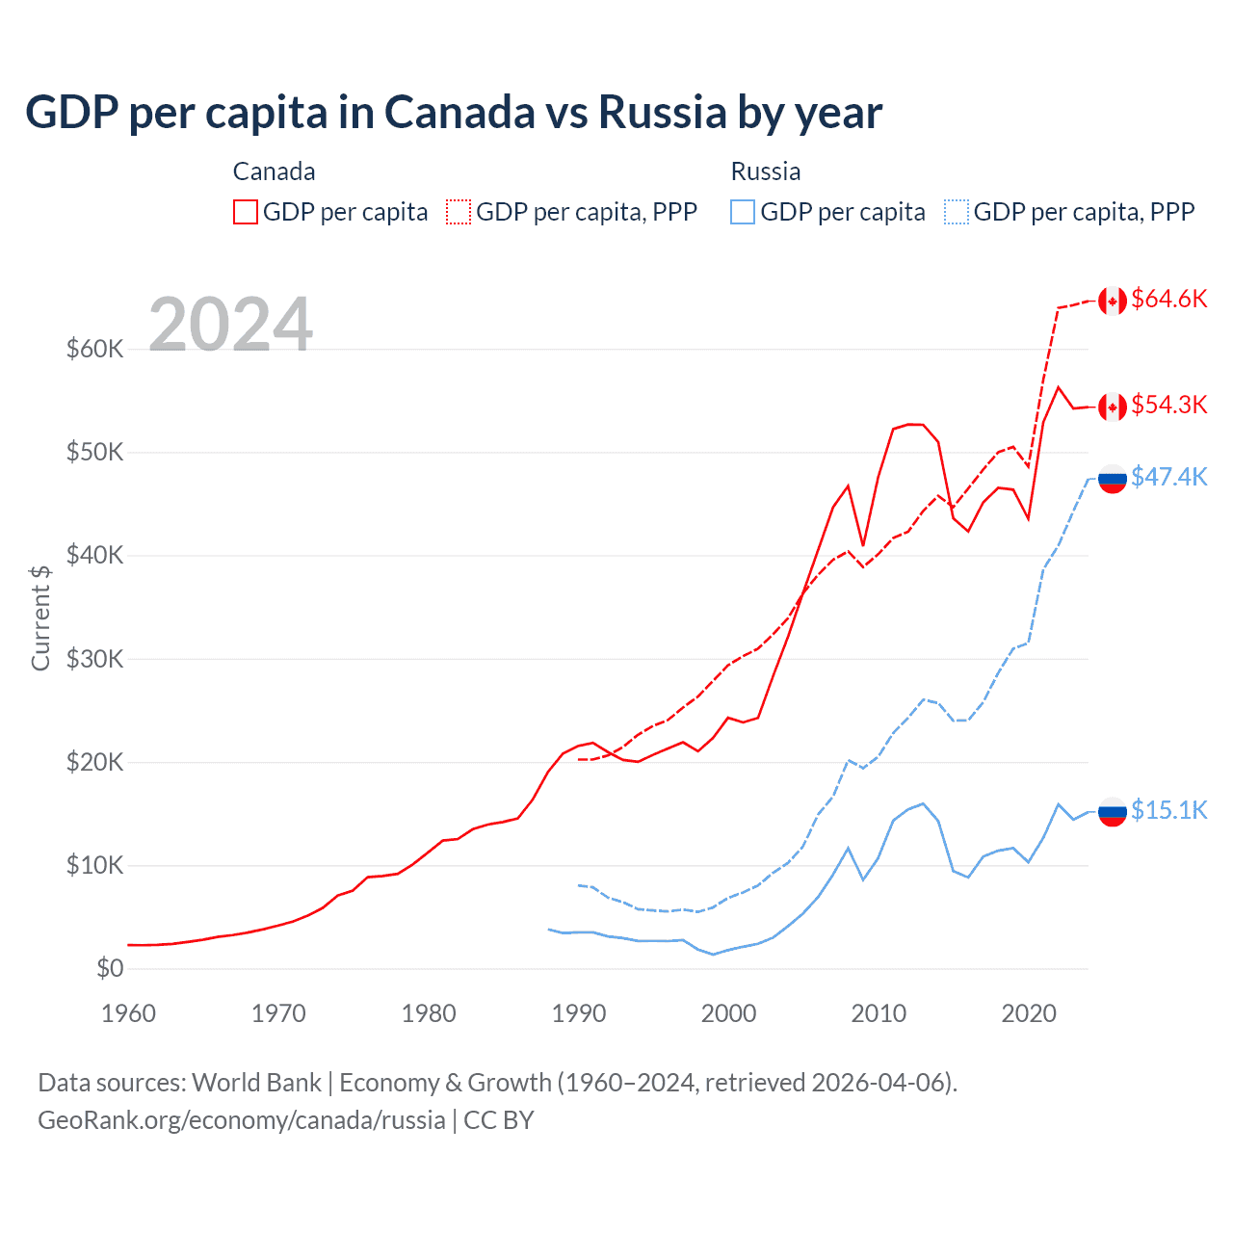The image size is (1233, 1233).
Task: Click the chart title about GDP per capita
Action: pos(453,112)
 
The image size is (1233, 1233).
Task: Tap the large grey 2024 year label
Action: pos(230,325)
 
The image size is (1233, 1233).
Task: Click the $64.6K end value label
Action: pos(1168,299)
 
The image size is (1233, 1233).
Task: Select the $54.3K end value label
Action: pos(1168,405)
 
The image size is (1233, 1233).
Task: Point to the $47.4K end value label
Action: pos(1168,477)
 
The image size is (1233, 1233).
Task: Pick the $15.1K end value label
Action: pos(1168,810)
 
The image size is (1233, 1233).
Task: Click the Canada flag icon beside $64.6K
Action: pos(1113,302)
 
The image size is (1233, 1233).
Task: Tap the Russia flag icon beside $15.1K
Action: pos(1113,812)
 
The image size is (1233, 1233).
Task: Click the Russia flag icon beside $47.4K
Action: pos(1113,479)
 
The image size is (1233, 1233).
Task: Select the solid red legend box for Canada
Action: pos(246,212)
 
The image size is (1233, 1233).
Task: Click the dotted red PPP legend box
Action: pos(459,212)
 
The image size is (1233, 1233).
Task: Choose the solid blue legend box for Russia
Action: pos(743,212)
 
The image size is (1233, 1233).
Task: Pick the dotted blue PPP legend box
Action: pos(957,212)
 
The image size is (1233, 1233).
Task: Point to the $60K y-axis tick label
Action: pos(94,349)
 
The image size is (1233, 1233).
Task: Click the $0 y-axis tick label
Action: pos(110,968)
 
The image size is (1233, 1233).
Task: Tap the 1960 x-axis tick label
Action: pos(128,1013)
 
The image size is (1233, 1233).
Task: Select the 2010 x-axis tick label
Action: pos(879,1013)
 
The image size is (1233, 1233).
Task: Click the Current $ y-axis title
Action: pos(40,617)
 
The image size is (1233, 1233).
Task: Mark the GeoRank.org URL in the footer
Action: pos(242,1120)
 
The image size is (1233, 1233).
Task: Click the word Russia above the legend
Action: pos(766,171)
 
